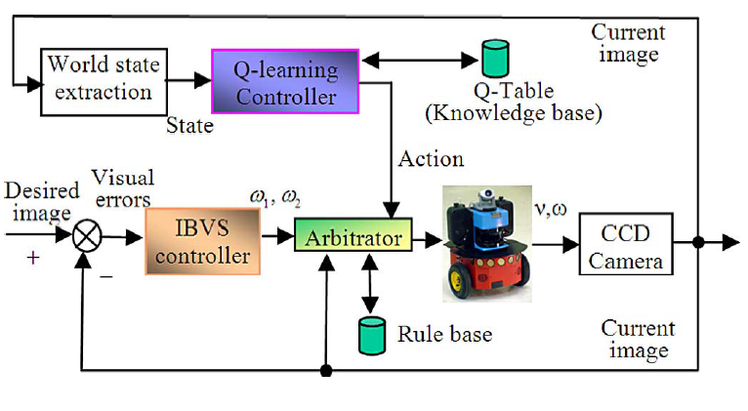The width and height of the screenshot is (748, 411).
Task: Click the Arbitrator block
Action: [x=352, y=238]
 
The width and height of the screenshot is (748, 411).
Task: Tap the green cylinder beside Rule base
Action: [x=371, y=334]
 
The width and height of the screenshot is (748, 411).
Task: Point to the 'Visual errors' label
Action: [x=122, y=188]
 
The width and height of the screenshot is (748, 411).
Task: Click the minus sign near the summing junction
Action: [x=105, y=276]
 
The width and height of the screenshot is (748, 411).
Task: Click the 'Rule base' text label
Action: [x=444, y=335]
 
